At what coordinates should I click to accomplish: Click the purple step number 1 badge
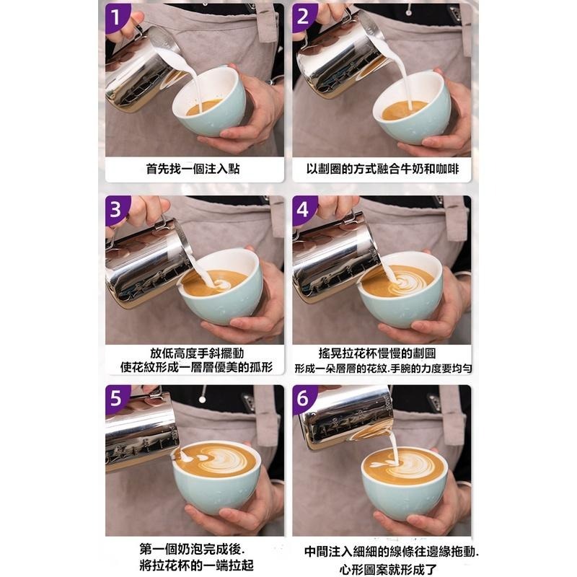click(118, 17)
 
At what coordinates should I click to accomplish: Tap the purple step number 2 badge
click(304, 17)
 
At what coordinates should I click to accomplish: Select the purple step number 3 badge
click(118, 209)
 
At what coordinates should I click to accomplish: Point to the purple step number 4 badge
click(304, 209)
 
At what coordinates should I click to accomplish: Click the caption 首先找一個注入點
click(193, 169)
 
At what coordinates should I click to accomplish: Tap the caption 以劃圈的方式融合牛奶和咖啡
click(382, 169)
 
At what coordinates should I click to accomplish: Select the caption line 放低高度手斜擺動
click(193, 353)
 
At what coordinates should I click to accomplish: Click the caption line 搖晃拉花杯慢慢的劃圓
click(382, 353)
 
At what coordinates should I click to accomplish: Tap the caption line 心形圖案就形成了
click(382, 565)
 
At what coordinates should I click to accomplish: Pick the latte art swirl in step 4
click(404, 282)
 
